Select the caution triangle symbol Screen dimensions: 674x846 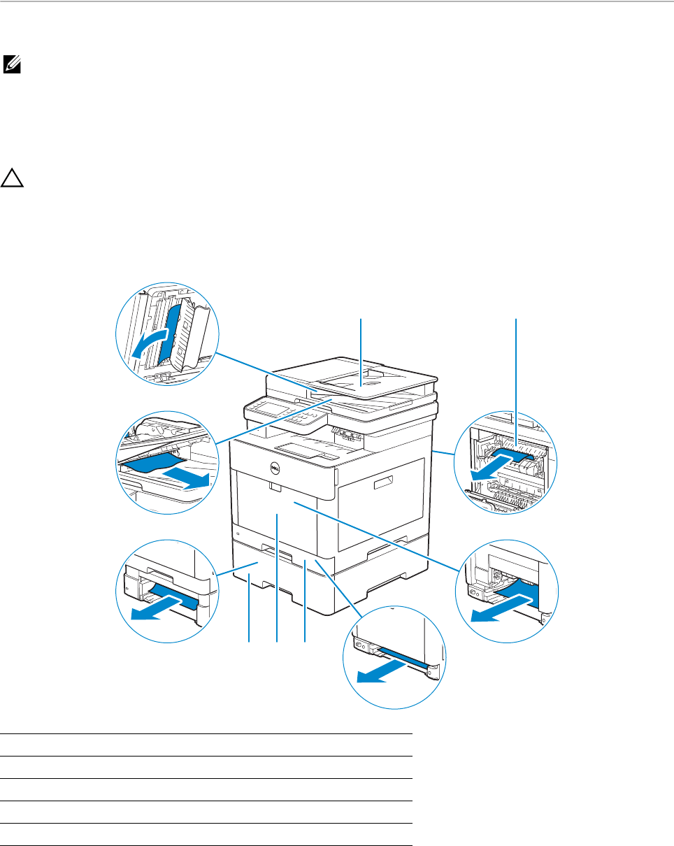click(12, 179)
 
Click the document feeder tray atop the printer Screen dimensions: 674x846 click(360, 380)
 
